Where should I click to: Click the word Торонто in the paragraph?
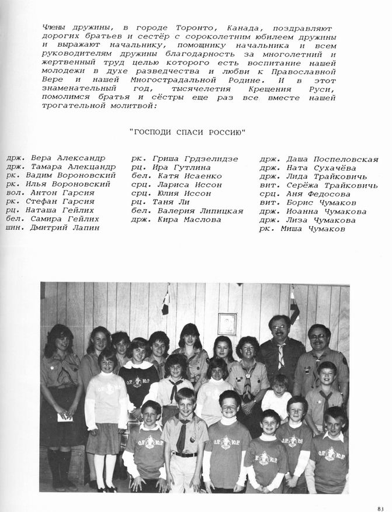195,28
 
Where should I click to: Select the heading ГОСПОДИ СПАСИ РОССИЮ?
187,132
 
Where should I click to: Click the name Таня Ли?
166,202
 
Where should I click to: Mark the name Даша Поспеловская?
331,159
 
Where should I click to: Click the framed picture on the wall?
227,323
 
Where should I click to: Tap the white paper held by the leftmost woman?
64,417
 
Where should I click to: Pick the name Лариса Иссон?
188,185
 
